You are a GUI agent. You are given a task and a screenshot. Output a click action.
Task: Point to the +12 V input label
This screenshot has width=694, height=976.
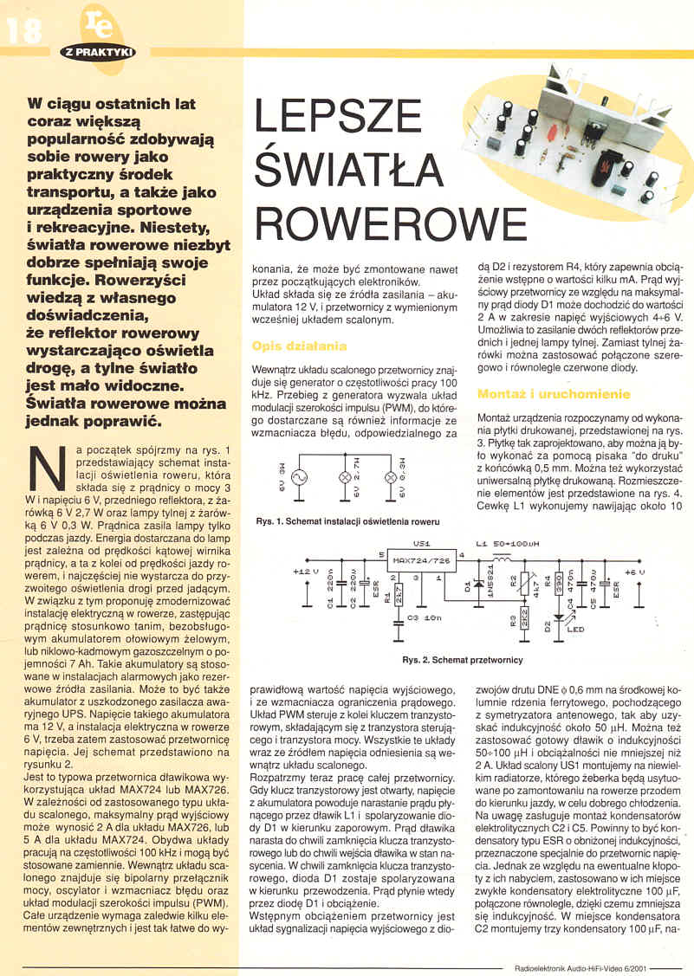307,572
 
